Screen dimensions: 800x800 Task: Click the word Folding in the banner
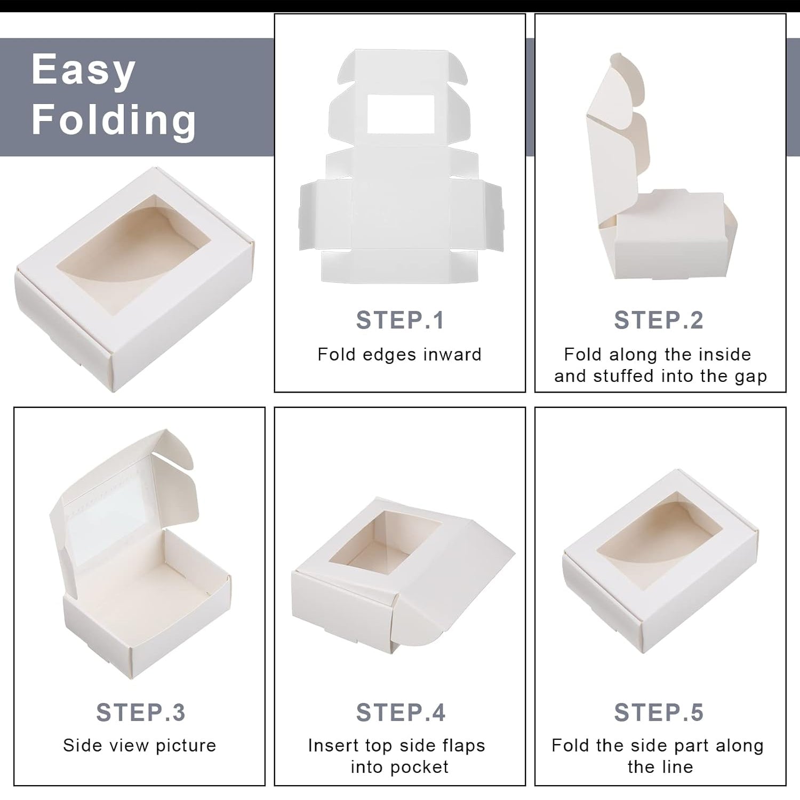[114, 119]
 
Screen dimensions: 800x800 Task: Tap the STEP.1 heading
[400, 321]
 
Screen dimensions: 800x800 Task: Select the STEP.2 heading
[659, 321]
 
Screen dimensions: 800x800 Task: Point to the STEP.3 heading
[141, 713]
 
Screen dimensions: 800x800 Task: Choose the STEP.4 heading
[401, 713]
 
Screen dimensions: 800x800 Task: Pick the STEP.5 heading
[659, 713]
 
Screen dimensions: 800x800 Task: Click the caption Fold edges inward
[399, 355]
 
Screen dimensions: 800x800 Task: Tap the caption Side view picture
[140, 746]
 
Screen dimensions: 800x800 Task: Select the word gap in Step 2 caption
[751, 377]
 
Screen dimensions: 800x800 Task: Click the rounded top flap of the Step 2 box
[621, 80]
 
